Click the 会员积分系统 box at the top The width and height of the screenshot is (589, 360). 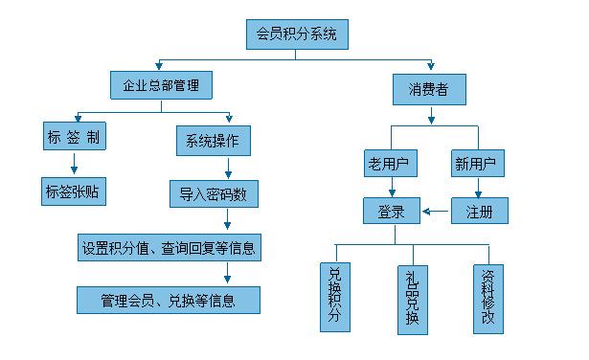pyautogui.click(x=295, y=35)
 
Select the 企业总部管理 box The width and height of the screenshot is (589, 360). pyautogui.click(x=154, y=87)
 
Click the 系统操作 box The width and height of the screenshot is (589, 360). pyautogui.click(x=213, y=141)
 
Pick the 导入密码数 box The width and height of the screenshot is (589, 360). pyautogui.click(x=213, y=193)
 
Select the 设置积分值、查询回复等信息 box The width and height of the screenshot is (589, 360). pyautogui.click(x=169, y=248)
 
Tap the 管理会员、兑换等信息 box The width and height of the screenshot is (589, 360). pyautogui.click(x=169, y=300)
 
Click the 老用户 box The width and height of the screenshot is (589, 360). pyautogui.click(x=388, y=164)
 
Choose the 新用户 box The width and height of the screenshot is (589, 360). pyautogui.click(x=478, y=164)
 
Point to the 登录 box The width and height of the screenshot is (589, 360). pyautogui.click(x=391, y=211)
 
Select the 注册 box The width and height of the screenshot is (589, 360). pyautogui.click(x=479, y=211)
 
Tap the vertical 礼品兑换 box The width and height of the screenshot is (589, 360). pyautogui.click(x=411, y=300)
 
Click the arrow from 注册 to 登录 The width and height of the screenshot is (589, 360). pyautogui.click(x=436, y=211)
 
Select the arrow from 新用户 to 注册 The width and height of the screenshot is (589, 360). pyautogui.click(x=478, y=189)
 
